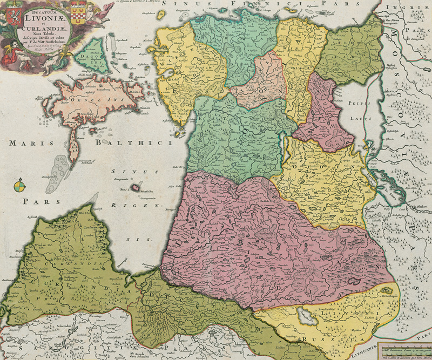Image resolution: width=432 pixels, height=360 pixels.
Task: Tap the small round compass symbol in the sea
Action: [x=19, y=187]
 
